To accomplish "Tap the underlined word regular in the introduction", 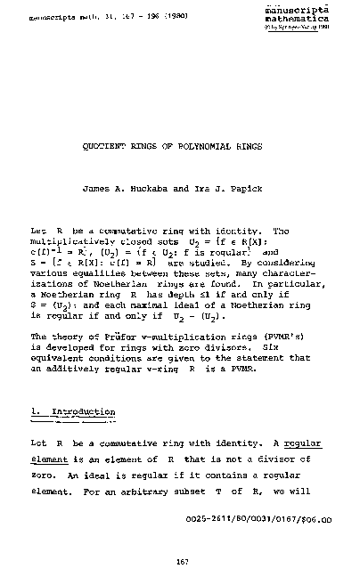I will pyautogui.click(x=290, y=443).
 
